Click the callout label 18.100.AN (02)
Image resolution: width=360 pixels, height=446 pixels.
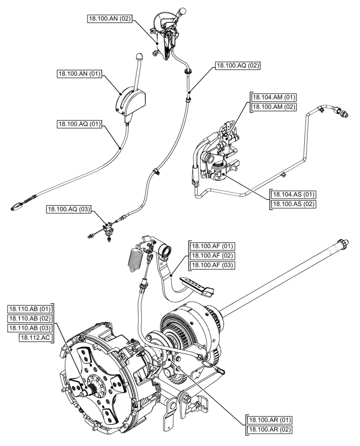109,19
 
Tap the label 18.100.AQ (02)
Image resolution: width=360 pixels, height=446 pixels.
237,65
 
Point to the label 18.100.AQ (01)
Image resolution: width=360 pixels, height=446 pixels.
79,124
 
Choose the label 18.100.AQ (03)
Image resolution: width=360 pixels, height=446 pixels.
67,209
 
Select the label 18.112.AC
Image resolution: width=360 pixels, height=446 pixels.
36,338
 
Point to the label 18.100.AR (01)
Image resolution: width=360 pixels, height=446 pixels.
269,420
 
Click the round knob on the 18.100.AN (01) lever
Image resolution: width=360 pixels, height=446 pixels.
139,57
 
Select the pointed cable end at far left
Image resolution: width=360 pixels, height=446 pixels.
16,206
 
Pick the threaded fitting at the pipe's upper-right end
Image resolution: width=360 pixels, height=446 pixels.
343,113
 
